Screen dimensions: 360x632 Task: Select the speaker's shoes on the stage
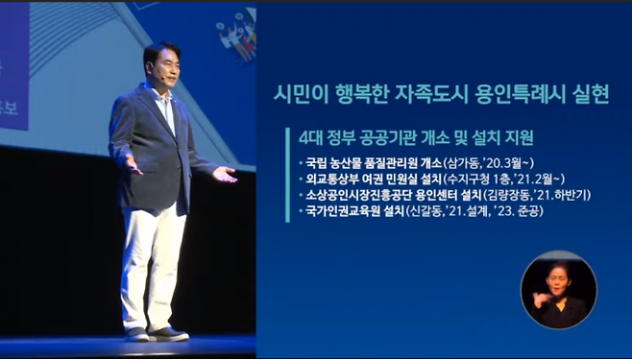[154, 334]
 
